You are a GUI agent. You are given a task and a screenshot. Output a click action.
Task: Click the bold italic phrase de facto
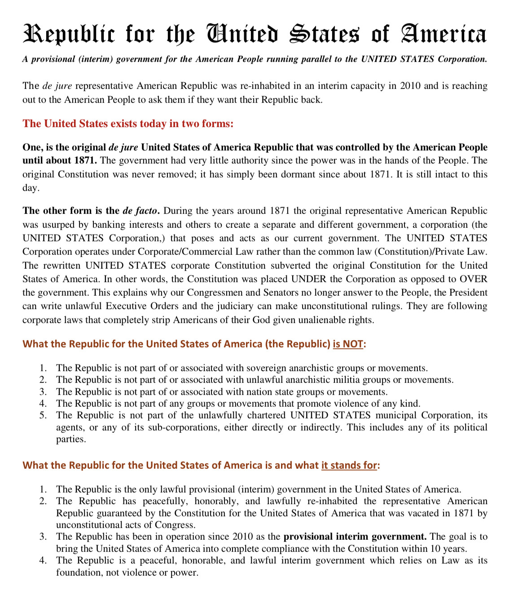pos(141,211)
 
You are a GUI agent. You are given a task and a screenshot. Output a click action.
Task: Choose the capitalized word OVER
pos(474,279)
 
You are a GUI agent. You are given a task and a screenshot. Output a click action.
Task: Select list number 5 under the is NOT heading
pos(43,415)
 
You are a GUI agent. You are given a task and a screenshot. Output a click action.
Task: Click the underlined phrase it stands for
pos(349,466)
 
